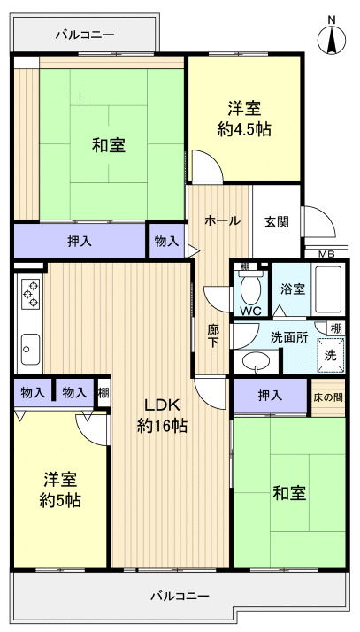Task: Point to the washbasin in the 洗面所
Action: point(257,360)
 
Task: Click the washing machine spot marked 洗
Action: point(330,354)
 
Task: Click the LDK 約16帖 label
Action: point(162,415)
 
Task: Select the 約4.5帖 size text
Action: point(244,129)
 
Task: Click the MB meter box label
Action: point(326,254)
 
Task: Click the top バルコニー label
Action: point(85,35)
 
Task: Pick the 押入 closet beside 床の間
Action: point(270,396)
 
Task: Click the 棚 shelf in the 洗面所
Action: point(335,328)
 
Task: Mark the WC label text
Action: point(249,311)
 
